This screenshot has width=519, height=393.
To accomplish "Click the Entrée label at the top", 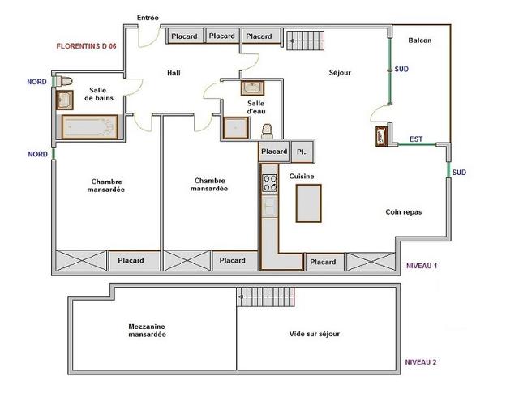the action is tap(148, 18).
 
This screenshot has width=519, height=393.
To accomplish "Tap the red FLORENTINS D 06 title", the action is tap(87, 46).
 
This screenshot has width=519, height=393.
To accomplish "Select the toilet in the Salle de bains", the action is tap(63, 81).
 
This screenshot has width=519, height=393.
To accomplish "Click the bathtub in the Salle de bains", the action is tap(90, 127).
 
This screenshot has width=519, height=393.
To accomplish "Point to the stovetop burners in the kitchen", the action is tap(269, 183).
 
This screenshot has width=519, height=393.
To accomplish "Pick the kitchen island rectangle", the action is tap(308, 203).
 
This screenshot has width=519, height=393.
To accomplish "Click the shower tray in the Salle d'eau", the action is tap(236, 128).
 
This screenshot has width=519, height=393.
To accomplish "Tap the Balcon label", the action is tap(420, 41).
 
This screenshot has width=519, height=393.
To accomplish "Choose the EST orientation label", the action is tap(416, 139).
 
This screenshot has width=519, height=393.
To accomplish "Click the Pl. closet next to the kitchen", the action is tap(302, 152).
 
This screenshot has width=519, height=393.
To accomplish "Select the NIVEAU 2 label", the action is tap(421, 362).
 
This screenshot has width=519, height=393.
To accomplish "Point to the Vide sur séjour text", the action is tap(315, 334).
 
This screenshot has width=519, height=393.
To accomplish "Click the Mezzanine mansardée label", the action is tap(147, 331).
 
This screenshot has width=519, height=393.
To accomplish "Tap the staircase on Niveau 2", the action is tap(266, 297).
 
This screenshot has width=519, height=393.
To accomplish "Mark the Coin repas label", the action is tap(404, 212).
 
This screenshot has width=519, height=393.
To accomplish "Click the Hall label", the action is tap(174, 73).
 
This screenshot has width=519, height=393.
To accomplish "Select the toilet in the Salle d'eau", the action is tap(267, 131).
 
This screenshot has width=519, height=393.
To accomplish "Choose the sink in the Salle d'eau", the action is tap(252, 88).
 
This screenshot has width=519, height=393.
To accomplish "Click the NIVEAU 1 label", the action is tap(422, 266).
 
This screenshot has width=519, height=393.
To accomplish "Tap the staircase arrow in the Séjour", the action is tap(292, 41).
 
